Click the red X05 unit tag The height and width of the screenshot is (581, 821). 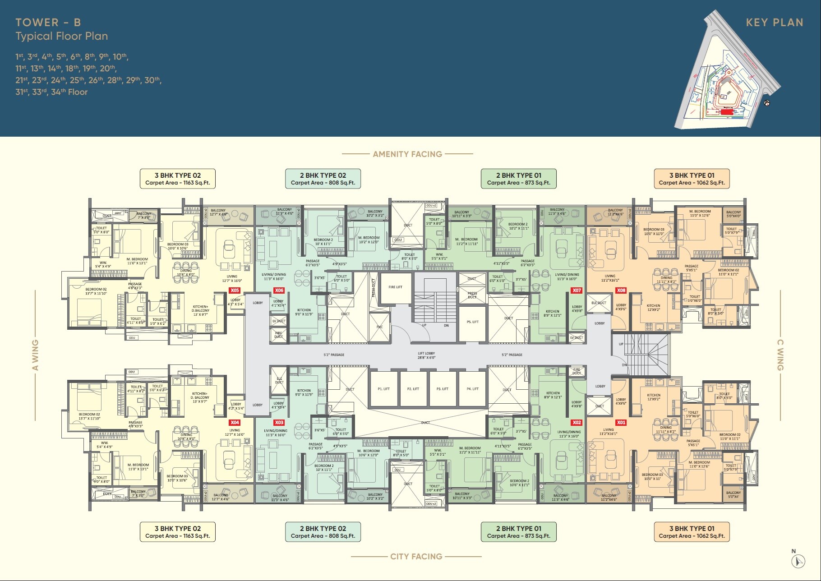pos(235,290)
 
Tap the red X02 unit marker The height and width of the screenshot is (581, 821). pos(577,423)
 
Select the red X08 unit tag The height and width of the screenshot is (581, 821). pos(621,290)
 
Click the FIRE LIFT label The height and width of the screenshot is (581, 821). pos(395,287)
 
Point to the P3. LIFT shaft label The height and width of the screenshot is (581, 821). pos(442,389)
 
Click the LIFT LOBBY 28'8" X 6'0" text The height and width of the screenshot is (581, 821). pos(426,355)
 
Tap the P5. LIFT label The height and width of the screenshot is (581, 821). pos(472,322)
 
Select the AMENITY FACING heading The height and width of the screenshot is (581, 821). pos(407,154)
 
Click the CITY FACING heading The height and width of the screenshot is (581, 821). pos(416,557)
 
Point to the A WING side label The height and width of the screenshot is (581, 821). pos(35,355)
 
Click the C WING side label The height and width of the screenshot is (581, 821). pos(780,355)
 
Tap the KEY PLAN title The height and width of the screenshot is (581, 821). pos(774,23)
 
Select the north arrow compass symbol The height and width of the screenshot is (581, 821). pos(798,561)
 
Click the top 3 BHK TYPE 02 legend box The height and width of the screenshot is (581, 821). pos(178,179)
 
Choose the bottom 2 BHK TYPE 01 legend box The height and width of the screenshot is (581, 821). pos(518,532)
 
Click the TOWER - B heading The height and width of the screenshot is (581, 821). pos(48,23)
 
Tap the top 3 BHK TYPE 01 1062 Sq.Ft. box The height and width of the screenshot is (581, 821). pos(692,179)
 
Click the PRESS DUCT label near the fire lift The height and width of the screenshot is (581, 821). pos(373,288)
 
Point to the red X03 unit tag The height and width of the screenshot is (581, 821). pos(279,423)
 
